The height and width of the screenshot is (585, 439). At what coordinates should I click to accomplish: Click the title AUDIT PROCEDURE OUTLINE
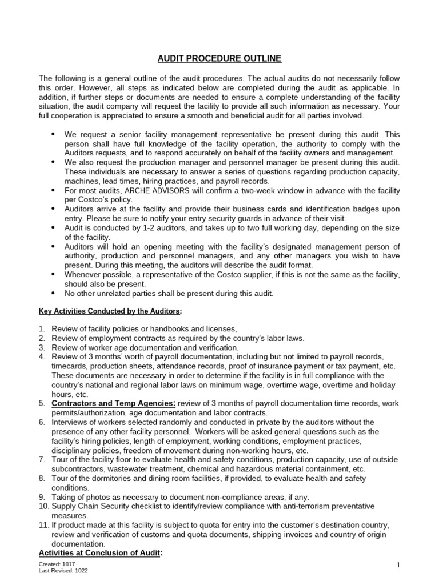click(x=219, y=59)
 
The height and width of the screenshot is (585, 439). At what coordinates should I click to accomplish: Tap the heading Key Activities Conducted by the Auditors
click(x=110, y=311)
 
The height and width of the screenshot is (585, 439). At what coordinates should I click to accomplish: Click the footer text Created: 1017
click(x=57, y=564)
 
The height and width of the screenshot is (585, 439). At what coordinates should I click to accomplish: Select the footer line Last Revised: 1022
click(x=63, y=570)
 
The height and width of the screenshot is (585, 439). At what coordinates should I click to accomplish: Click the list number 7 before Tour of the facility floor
click(x=42, y=459)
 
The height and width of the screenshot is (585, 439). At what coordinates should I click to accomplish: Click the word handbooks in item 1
click(x=173, y=329)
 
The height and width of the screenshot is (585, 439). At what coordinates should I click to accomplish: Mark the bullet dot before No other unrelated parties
click(x=54, y=293)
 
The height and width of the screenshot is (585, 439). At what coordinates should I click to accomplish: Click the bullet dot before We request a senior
click(x=54, y=134)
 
